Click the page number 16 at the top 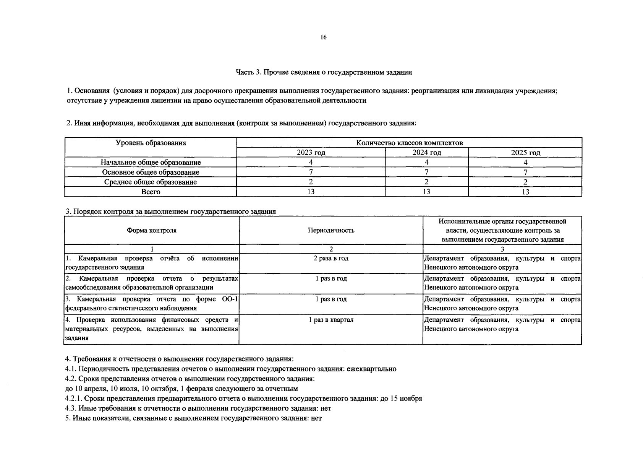[x=323, y=37]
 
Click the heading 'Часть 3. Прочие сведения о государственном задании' [x=324, y=72]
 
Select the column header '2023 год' [x=311, y=153]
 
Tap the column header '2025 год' [x=525, y=153]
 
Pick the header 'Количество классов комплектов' [x=409, y=143]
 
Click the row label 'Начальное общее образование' [x=151, y=162]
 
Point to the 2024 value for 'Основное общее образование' [x=426, y=172]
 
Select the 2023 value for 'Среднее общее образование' [x=311, y=182]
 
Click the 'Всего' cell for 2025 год [x=525, y=192]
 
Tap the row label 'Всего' [x=151, y=192]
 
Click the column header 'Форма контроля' [x=151, y=230]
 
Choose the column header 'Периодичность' [x=331, y=230]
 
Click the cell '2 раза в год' [x=331, y=258]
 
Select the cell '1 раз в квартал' [x=331, y=319]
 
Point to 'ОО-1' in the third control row [x=230, y=299]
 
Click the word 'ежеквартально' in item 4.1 [x=371, y=369]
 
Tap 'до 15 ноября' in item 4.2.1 [x=401, y=398]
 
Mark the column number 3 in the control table [x=502, y=249]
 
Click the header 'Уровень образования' [x=151, y=143]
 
